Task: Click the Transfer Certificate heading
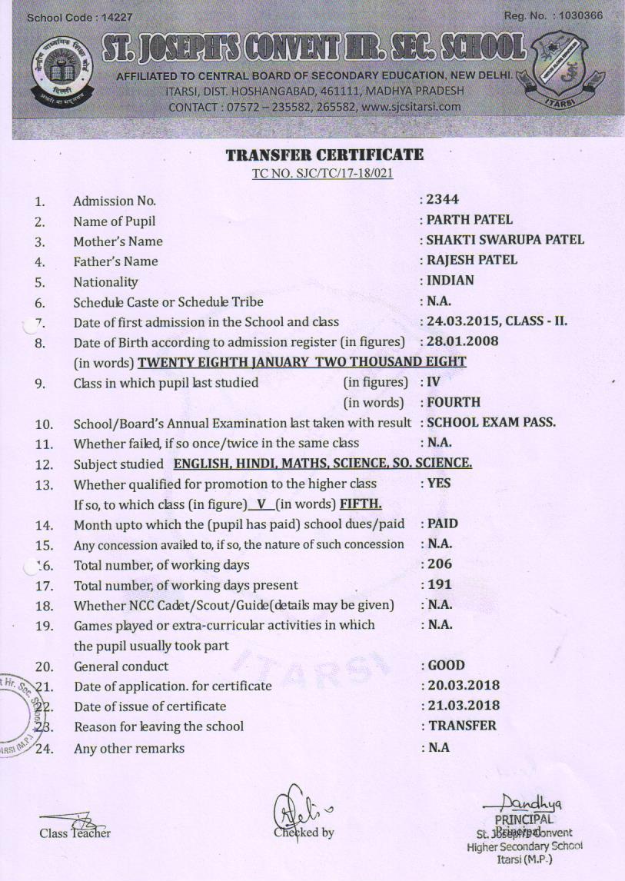[324, 155]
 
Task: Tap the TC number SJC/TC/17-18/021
[323, 173]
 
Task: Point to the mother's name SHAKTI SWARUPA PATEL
[505, 240]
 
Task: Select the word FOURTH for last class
[454, 401]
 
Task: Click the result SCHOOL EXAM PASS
[491, 422]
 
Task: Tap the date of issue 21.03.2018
[464, 705]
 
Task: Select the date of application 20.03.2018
[464, 685]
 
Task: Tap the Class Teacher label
[75, 833]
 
